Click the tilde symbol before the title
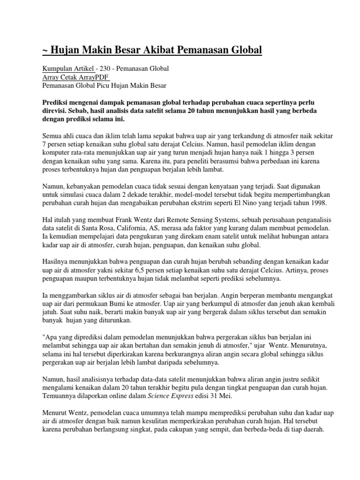tap(45, 50)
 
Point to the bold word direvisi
tap(58, 110)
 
